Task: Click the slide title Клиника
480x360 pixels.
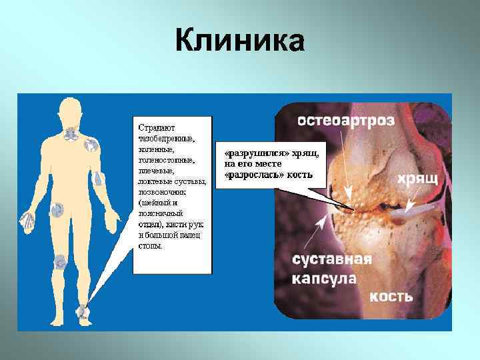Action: click(240, 41)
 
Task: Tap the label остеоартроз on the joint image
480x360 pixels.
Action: click(345, 120)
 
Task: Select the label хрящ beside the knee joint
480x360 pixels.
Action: click(418, 179)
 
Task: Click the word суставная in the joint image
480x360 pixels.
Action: click(331, 259)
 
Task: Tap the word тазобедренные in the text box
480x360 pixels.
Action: click(165, 139)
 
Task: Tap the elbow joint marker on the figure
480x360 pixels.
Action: click(98, 178)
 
